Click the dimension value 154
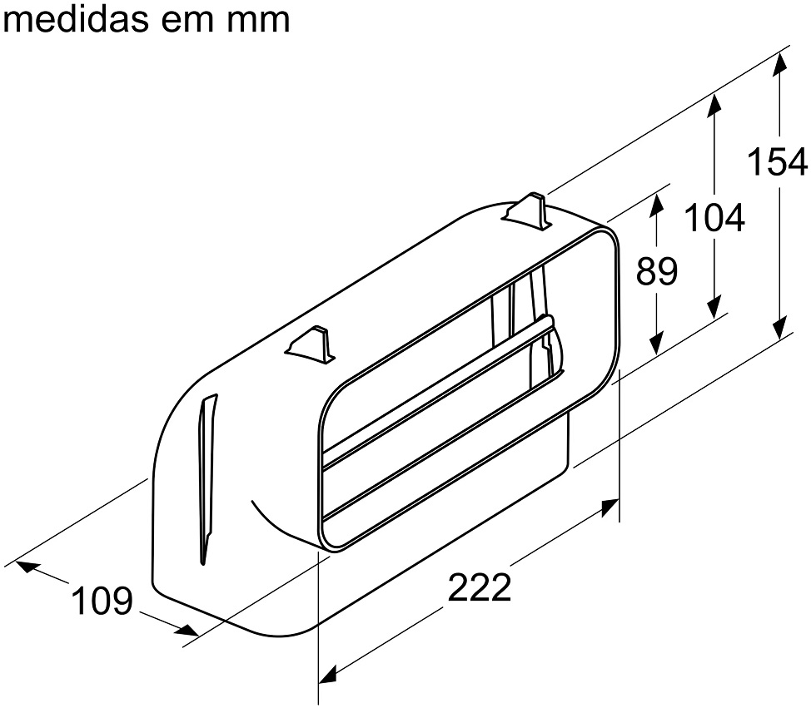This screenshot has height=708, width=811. click(778, 161)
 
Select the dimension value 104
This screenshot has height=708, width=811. click(714, 218)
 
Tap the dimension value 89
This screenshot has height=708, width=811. click(656, 270)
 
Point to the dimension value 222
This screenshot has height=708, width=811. click(480, 587)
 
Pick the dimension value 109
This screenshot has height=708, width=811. click(102, 601)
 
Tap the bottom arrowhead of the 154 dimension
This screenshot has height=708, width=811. click(780, 328)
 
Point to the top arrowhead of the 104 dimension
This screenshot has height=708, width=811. click(714, 106)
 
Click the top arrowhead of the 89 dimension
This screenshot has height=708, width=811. click(656, 204)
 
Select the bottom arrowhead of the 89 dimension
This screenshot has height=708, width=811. click(656, 343)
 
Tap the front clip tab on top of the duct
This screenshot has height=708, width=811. click(310, 346)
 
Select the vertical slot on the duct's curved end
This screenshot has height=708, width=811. click(207, 478)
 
